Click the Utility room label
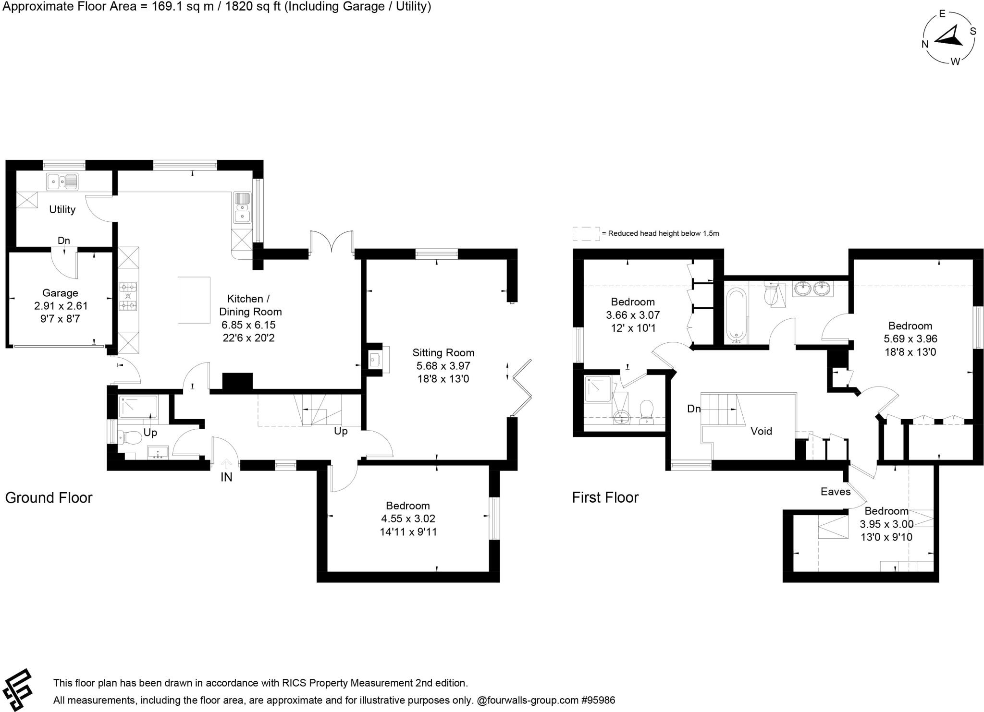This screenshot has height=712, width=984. tap(62, 209)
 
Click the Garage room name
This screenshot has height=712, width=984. tap(60, 293)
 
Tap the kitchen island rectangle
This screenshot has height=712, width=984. tap(194, 300)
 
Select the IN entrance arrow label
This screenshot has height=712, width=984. tap(226, 477)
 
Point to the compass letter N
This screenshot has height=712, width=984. tap(924, 44)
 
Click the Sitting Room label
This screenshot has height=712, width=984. tap(443, 352)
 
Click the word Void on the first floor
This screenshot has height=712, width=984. tap(761, 431)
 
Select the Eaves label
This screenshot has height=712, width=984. tap(836, 491)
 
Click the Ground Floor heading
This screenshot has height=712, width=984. tap(49, 497)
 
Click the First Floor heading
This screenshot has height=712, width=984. tap(605, 497)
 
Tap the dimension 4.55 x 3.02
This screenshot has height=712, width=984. tap(408, 519)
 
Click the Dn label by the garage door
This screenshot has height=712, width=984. tap(64, 241)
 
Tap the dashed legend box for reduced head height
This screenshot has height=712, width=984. tap(586, 234)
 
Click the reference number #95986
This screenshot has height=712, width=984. tap(598, 700)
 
